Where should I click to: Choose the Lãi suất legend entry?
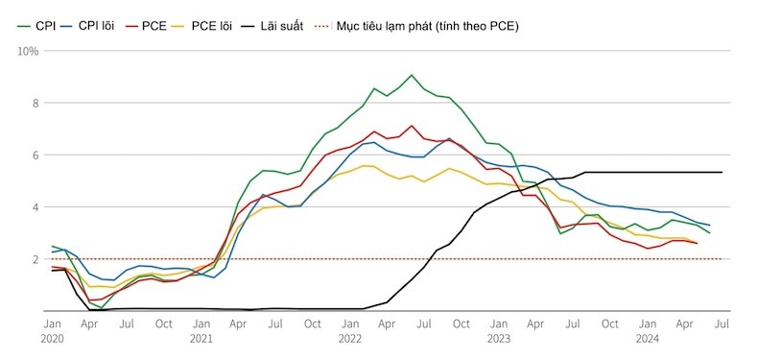coord(282,26)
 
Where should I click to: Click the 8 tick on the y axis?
coord(34,103)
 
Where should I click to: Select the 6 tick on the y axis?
coord(34,155)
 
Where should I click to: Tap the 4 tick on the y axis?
coord(34,207)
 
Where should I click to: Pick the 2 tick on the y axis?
coord(34,259)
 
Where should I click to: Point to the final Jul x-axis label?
coord(722,324)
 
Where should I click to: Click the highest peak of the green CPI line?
coord(412,75)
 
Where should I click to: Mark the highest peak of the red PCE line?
coord(412,125)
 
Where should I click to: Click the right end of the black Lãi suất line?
coord(722,173)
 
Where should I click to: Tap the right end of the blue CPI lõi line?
coord(709,226)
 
